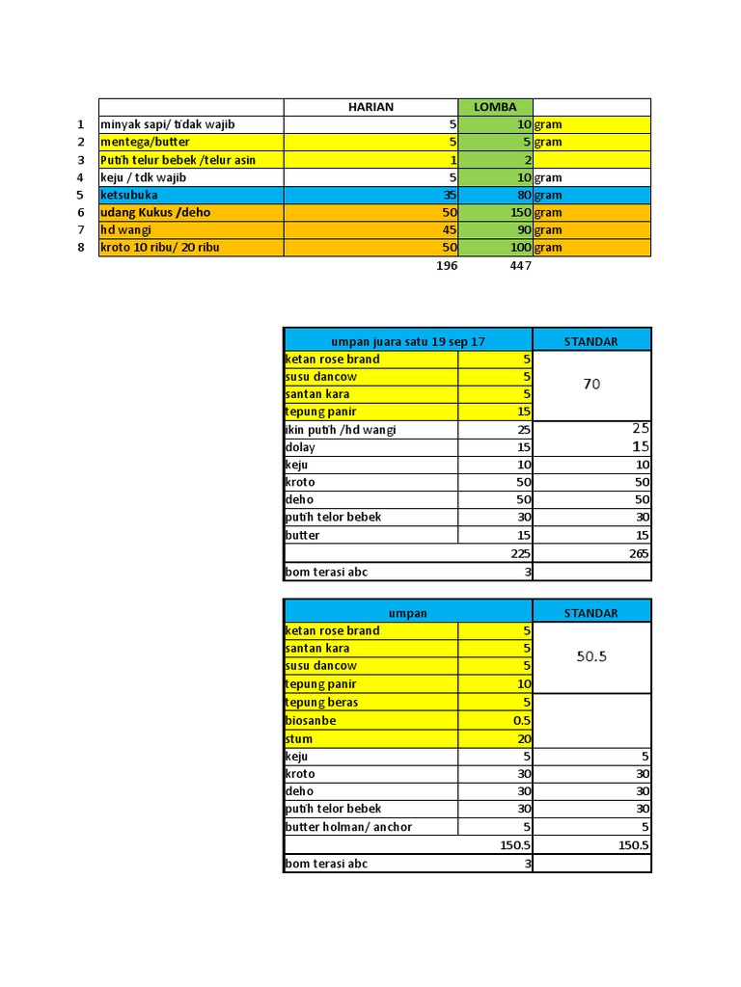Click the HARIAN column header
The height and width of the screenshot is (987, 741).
click(x=370, y=107)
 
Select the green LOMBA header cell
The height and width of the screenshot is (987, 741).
click(x=495, y=107)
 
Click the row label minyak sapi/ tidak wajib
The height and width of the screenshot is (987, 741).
click(x=168, y=124)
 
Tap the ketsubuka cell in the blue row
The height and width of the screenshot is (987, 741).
click(x=128, y=195)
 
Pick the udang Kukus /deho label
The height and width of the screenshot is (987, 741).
click(x=155, y=212)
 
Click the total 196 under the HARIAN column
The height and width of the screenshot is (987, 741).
click(x=446, y=266)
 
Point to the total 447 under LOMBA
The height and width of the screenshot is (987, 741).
click(x=520, y=266)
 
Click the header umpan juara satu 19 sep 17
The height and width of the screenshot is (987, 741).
click(x=408, y=340)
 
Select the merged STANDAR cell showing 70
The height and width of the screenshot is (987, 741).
click(x=591, y=385)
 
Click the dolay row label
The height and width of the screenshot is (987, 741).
click(x=300, y=447)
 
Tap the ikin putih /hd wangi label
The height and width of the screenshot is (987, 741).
click(x=341, y=430)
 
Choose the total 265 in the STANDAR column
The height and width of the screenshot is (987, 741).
click(x=639, y=553)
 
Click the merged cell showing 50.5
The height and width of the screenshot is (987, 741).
click(x=591, y=656)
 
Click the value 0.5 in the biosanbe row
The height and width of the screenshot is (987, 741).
click(x=522, y=720)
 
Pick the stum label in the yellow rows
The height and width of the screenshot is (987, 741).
click(x=299, y=738)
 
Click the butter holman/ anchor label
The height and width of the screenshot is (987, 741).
click(x=348, y=827)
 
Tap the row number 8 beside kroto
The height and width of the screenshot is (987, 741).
click(x=81, y=248)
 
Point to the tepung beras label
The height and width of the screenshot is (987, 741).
click(x=321, y=702)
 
